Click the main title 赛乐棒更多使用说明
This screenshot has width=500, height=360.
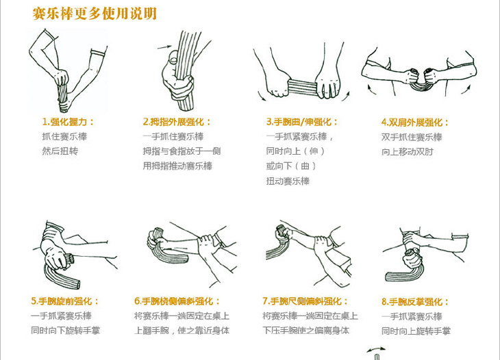95,14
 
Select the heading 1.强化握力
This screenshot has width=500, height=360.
68,122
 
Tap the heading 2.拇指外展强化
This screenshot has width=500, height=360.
177,122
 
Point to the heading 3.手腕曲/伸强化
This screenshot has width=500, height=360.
302,122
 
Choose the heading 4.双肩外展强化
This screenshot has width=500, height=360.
415,123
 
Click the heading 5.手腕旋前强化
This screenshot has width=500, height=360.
65,301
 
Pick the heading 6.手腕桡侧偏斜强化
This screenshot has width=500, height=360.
177,301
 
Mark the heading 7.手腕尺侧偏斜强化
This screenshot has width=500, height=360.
305,301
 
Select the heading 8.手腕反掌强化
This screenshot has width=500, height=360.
415,302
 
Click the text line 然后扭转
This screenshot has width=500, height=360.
60,151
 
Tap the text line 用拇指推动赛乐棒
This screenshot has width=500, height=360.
177,166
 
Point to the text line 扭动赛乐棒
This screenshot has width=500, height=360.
288,181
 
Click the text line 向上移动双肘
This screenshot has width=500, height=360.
408,152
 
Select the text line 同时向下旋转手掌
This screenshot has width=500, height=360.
65,331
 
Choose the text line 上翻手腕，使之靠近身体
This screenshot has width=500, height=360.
182,331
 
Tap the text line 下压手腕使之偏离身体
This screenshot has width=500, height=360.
305,331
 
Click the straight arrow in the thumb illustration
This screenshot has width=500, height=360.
164,47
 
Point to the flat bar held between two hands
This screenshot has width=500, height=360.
302,88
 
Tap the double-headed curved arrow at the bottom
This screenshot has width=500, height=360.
376,348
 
